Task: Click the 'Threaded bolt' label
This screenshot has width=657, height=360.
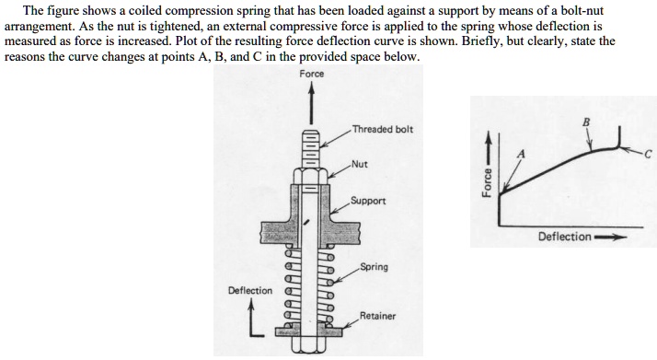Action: coord(382,129)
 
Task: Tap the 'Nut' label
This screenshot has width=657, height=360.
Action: coord(359,165)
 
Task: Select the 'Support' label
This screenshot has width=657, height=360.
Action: coord(367,200)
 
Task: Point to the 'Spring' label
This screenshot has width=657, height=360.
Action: coord(374,267)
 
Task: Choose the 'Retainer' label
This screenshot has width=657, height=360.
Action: coord(377,316)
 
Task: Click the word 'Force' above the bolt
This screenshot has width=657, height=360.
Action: coord(311,74)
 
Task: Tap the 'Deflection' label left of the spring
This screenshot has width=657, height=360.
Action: coord(250,291)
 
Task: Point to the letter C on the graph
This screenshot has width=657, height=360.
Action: coord(647,153)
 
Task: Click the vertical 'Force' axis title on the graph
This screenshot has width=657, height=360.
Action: coord(489,174)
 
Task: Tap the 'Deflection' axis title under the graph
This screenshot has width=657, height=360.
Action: coord(565,237)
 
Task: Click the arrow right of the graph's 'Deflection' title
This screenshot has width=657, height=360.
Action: coord(612,237)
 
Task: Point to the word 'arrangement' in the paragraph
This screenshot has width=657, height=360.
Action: coord(38,28)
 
